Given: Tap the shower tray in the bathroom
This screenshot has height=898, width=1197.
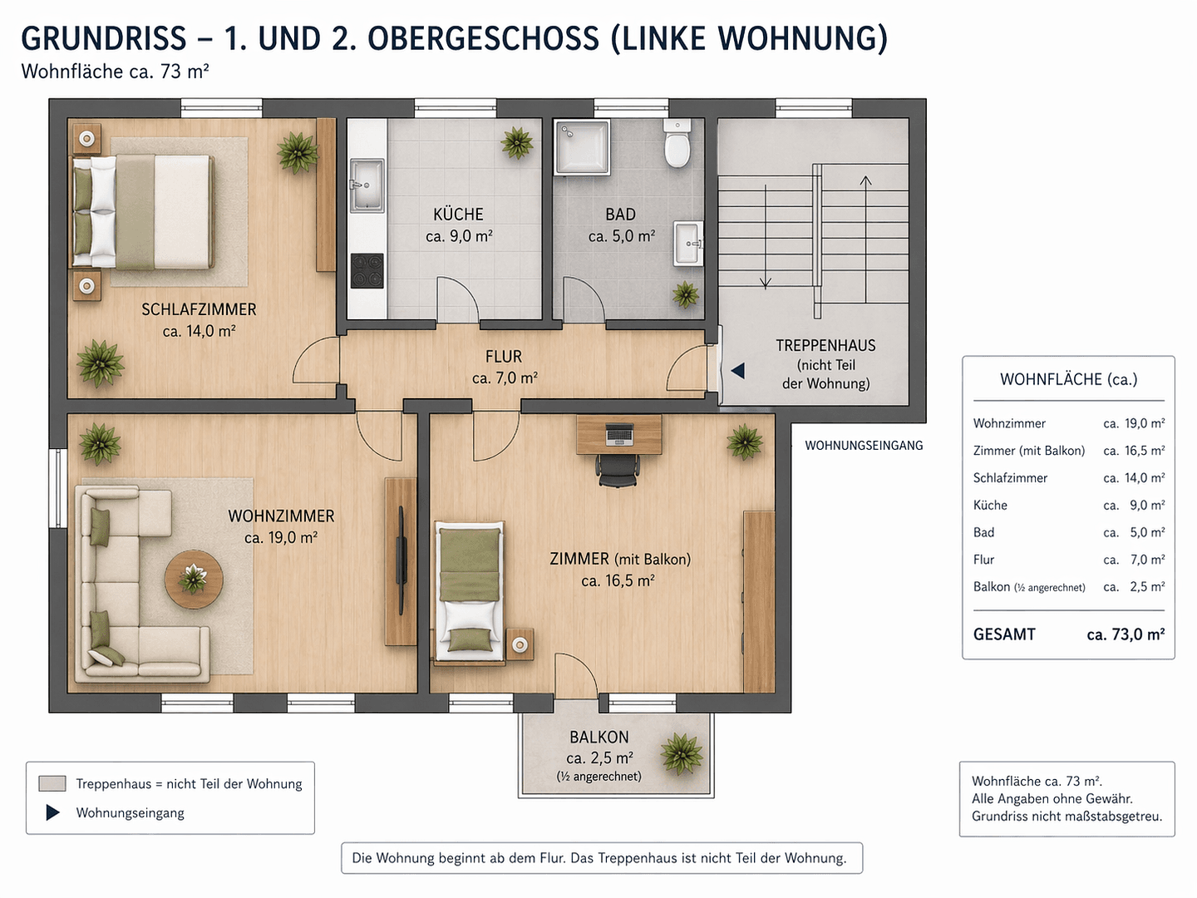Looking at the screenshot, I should (x=583, y=147).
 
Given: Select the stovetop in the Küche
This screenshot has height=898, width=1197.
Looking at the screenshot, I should (x=367, y=270).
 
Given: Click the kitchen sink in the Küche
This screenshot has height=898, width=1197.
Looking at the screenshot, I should (x=366, y=185).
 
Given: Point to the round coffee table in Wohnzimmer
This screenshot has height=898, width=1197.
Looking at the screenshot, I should (x=194, y=579).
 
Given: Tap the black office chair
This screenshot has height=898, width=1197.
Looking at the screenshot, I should (x=618, y=469).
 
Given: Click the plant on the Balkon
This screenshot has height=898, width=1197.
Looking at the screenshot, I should (x=682, y=753).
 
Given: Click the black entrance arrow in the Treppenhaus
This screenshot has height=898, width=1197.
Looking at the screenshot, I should (x=737, y=371).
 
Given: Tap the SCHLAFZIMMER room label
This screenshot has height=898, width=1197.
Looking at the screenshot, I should (x=199, y=309).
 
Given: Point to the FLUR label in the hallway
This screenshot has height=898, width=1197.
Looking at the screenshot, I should (x=504, y=357).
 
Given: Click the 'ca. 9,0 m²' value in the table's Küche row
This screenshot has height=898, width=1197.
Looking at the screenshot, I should (x=1134, y=506).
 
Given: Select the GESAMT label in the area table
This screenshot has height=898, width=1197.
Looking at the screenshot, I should (x=1004, y=634).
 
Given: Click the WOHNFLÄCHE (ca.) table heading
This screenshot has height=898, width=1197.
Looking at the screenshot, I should (x=1068, y=379).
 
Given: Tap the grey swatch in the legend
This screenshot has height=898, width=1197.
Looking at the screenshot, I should (x=52, y=783).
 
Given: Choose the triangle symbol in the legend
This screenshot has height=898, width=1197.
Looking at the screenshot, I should (x=52, y=812).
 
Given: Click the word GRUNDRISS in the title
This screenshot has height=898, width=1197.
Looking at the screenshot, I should (x=104, y=39).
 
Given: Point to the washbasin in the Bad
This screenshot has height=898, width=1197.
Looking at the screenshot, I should (x=688, y=243).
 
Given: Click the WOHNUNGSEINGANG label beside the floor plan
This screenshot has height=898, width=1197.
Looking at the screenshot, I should (x=864, y=446).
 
